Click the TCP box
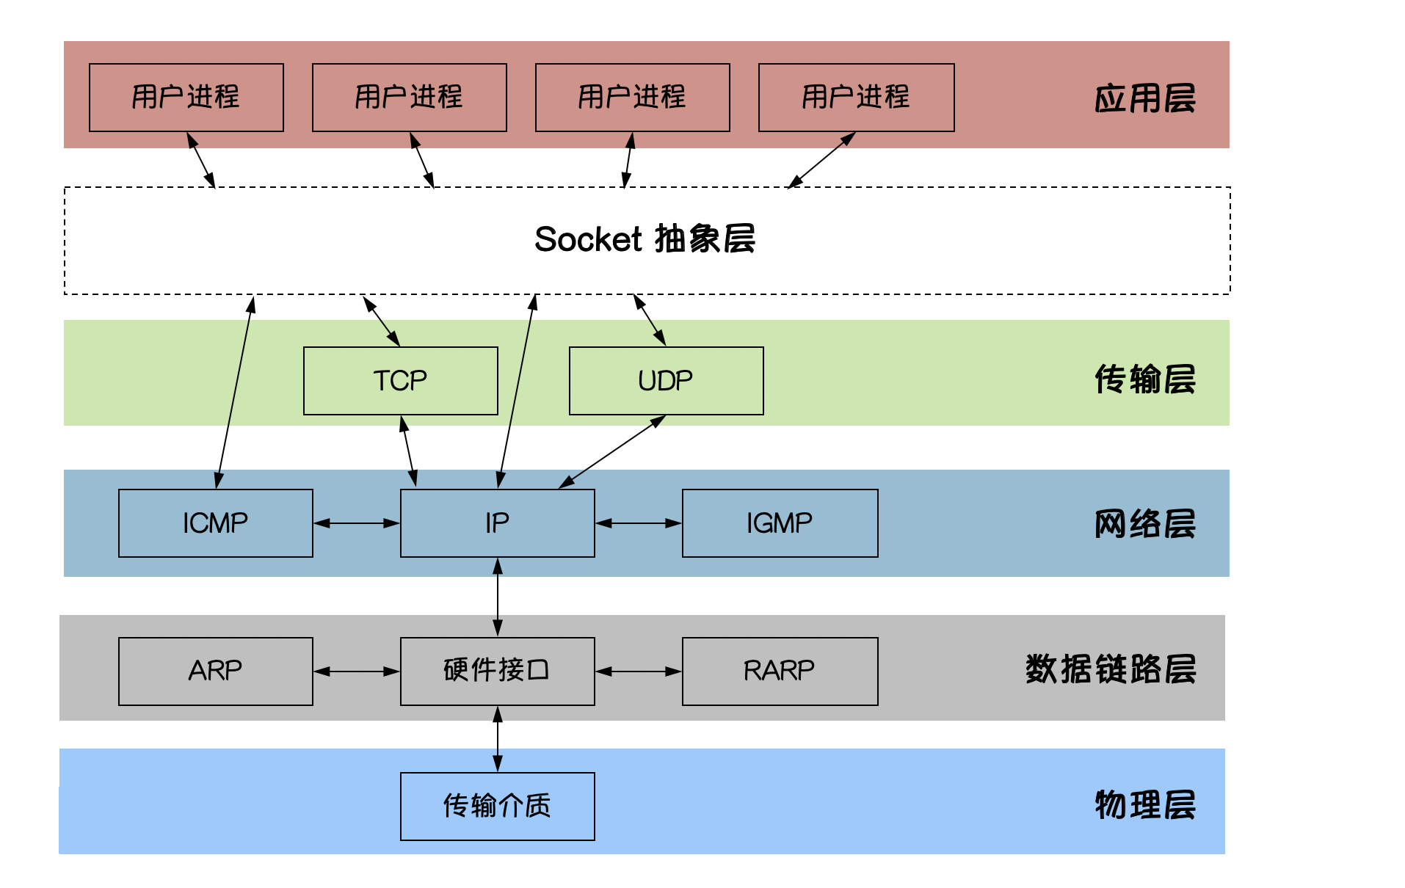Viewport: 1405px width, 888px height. pos(400,381)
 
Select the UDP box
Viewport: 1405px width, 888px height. pos(666,381)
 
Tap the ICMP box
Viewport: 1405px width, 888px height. pos(215,523)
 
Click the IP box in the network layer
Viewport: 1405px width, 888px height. pos(497,523)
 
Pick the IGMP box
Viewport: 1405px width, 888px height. pos(780,523)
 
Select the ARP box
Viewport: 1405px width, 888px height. pos(215,671)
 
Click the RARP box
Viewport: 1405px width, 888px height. pos(780,671)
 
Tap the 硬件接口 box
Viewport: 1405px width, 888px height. pos(497,671)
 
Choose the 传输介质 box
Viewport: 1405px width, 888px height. pos(497,806)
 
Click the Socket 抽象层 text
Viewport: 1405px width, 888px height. pos(645,239)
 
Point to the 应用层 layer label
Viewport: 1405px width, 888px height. pos(1144,98)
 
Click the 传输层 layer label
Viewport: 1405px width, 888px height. pos(1144,379)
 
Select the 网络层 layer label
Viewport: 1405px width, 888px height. pos(1144,524)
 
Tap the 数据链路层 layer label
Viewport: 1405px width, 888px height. pos(1110,669)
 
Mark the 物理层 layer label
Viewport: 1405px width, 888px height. pos(1144,805)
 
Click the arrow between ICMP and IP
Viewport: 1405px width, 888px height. pos(357,523)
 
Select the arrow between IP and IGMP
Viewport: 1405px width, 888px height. pos(639,523)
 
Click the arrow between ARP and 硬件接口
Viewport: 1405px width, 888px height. pos(357,671)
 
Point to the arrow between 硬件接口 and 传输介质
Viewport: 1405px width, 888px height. pos(498,739)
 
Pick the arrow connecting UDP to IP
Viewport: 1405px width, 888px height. pos(612,451)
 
